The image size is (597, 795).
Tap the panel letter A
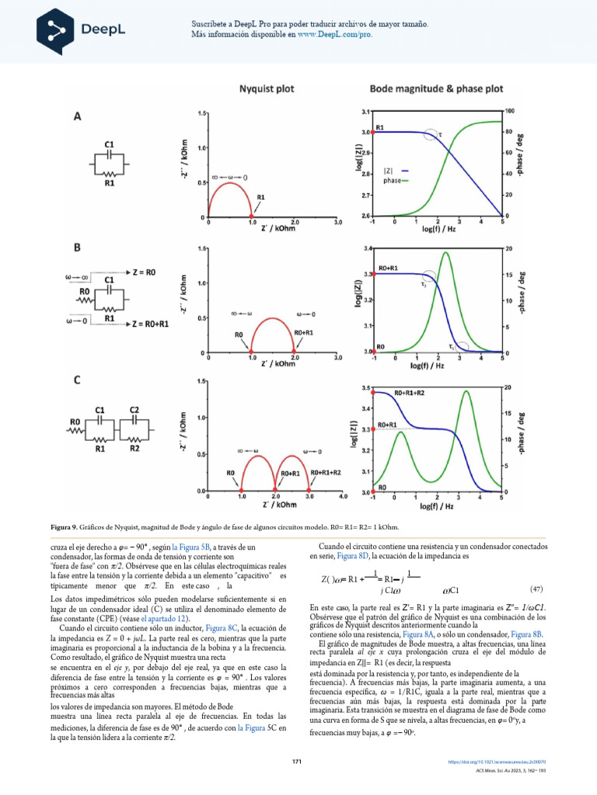click(78, 116)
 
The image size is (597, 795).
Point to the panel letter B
click(78, 248)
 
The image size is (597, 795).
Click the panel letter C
click(78, 380)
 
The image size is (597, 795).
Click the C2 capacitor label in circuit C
click(134, 409)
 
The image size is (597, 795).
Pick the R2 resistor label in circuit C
click(134, 448)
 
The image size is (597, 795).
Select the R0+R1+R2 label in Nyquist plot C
click(325, 472)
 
